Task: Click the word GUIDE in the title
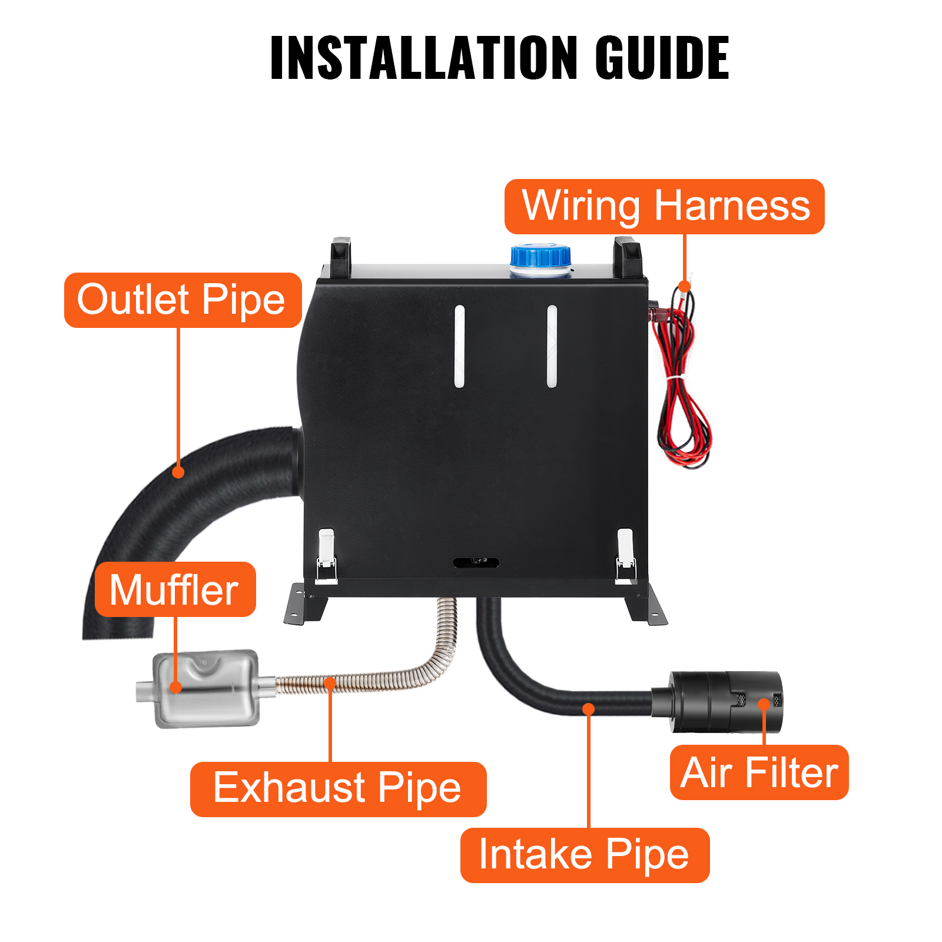click(x=662, y=57)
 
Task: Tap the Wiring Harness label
click(x=665, y=207)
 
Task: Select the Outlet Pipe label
click(x=183, y=300)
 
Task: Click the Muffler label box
click(x=175, y=589)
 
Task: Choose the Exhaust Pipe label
click(x=338, y=789)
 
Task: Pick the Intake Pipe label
click(x=585, y=855)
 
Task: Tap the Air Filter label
click(x=759, y=772)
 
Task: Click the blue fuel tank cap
click(x=540, y=258)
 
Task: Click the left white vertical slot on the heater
click(x=459, y=346)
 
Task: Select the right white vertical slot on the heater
click(x=552, y=346)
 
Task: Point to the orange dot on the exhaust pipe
click(x=330, y=682)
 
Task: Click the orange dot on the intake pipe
click(x=588, y=708)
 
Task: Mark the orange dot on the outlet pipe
click(x=178, y=472)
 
